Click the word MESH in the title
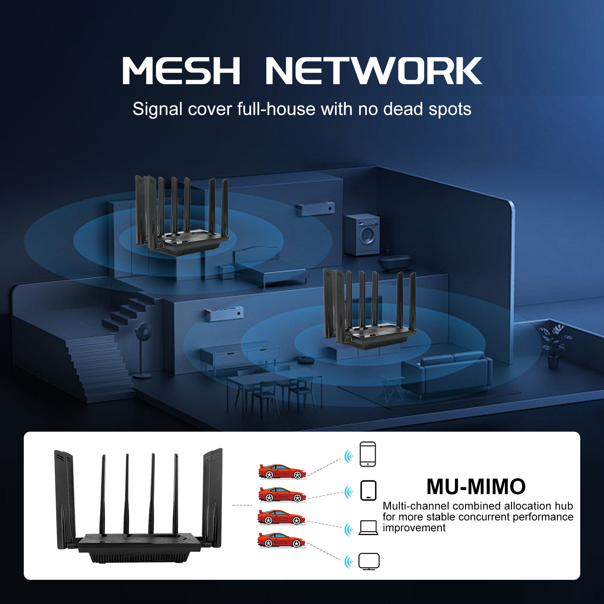click(181, 71)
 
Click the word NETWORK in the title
click(373, 71)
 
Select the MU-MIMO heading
click(476, 486)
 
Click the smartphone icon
click(368, 454)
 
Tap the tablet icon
click(368, 490)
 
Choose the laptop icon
click(368, 527)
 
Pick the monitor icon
click(369, 561)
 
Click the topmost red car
click(282, 471)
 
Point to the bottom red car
click(281, 540)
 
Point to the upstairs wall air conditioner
click(316, 209)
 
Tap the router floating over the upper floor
click(182, 217)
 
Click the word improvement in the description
click(414, 528)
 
